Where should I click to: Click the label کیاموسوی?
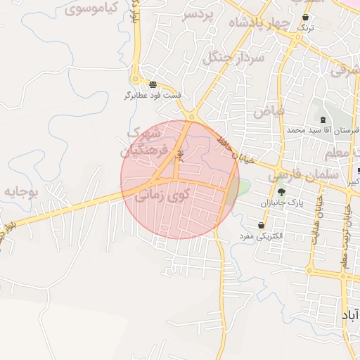click(91, 10)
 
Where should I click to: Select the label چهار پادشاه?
click(259, 22)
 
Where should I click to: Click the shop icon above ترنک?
click(305, 17)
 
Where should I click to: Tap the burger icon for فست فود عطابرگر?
click(153, 84)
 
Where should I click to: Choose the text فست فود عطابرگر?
click(153, 94)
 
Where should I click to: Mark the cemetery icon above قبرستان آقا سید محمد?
click(323, 120)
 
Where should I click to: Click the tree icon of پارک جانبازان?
click(282, 192)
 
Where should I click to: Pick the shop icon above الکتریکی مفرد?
click(262, 226)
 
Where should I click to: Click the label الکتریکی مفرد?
click(262, 236)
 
